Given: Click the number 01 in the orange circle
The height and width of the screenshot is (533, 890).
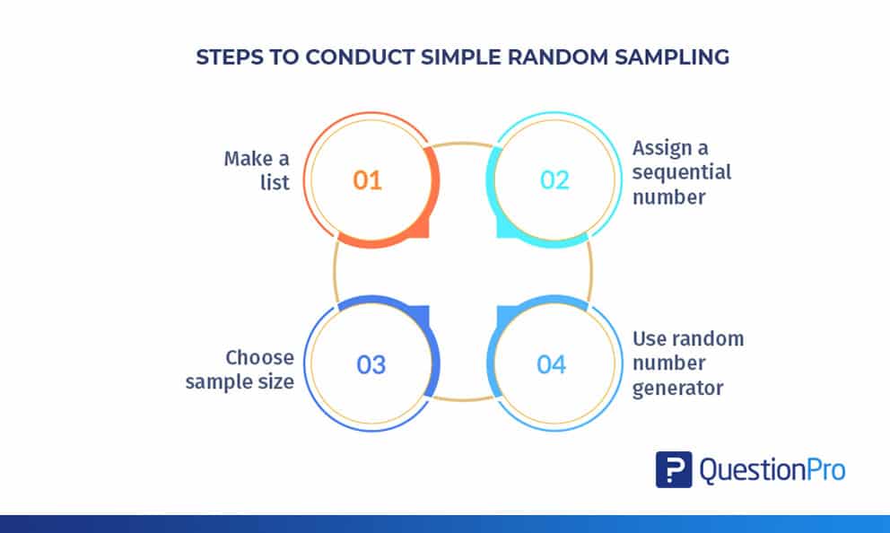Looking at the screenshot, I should tap(367, 180).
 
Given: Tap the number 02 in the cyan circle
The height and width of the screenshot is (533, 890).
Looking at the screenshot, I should tap(554, 180).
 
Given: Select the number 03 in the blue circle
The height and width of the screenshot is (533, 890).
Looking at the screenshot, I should tap(371, 365).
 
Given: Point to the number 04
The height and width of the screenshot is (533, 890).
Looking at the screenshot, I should tap(552, 365).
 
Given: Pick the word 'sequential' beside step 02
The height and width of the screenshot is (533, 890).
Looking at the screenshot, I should tap(682, 171).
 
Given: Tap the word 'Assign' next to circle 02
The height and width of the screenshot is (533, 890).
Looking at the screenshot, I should tap(664, 147).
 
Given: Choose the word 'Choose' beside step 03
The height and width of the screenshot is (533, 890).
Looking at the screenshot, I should tap(259, 358).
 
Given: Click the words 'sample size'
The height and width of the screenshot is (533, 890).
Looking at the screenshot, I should tap(240, 381).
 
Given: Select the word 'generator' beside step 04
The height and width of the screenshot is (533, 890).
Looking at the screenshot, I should tap(677, 389).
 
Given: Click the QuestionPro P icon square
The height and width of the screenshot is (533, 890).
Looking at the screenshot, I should tap(673, 469).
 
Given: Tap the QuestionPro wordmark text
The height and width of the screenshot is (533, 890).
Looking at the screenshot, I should tap(772, 469).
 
